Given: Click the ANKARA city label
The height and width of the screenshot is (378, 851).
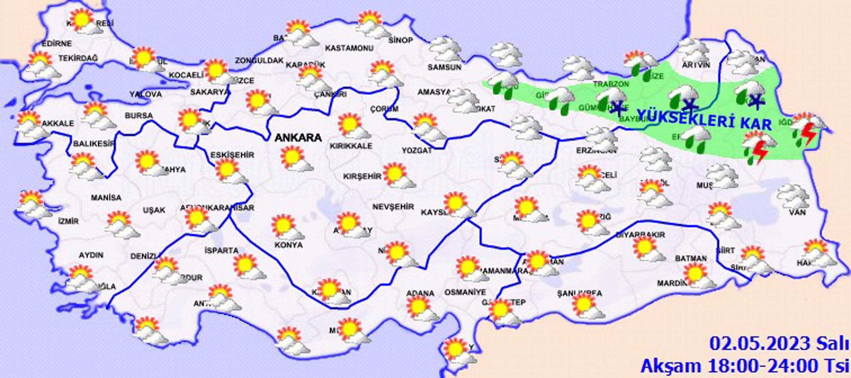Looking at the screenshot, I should tap(298, 138).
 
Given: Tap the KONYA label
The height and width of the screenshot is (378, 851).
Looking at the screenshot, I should tap(289, 245).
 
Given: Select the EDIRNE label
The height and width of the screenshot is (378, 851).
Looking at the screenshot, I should tap(57, 43).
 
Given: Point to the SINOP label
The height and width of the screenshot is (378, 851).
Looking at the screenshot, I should tap(400, 40).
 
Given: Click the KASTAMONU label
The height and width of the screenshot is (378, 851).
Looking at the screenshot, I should tap(349, 48).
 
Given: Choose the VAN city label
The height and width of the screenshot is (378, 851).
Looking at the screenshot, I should tap(797, 213).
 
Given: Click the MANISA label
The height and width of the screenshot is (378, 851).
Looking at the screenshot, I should tap(106, 198).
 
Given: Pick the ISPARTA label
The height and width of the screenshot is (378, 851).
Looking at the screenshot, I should tap(221, 250).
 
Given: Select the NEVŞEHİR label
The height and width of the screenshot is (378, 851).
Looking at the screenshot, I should tap(393, 207).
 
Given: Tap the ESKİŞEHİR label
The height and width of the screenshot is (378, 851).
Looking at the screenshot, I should tap(232, 155).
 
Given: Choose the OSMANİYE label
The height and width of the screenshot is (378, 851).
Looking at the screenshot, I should tap(465, 292).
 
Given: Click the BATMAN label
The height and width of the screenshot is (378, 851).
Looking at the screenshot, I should tap(691, 258).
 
